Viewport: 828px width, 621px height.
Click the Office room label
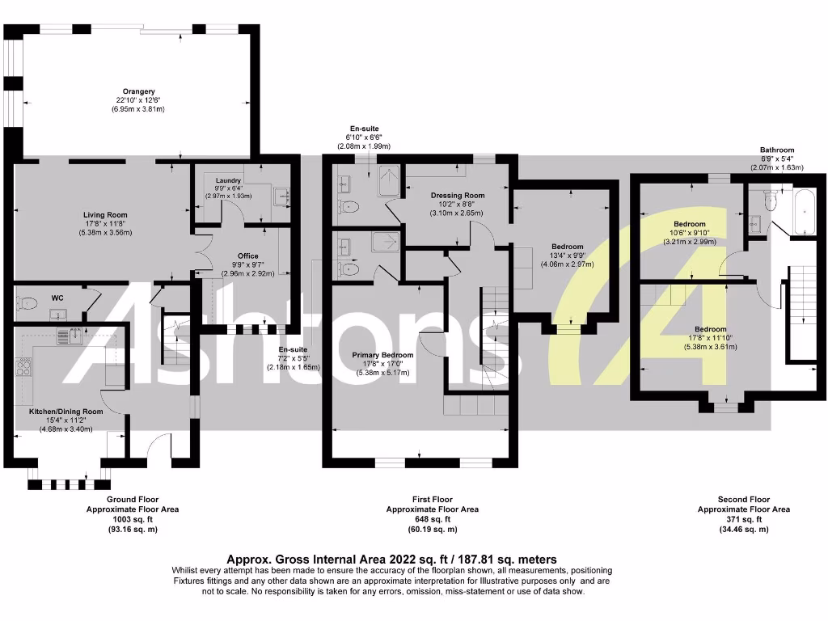(247, 256)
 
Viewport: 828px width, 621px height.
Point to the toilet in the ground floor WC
(26, 304)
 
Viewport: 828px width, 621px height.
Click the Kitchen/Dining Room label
(66, 412)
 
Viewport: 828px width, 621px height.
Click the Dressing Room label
(458, 195)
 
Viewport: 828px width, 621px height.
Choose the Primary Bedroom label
(383, 355)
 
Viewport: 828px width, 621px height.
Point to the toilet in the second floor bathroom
(770, 199)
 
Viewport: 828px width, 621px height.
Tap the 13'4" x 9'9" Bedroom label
(568, 247)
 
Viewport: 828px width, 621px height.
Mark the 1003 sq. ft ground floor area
(132, 519)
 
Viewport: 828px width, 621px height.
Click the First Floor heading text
(431, 500)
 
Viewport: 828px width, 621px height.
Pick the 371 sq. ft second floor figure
(744, 519)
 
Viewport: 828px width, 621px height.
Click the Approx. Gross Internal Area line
(391, 559)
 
